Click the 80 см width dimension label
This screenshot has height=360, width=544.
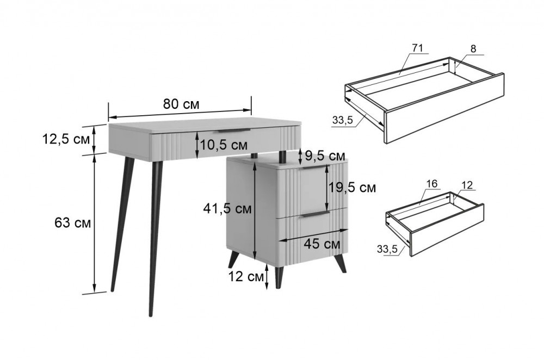coord(181,104)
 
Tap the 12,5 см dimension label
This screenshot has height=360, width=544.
coord(66,139)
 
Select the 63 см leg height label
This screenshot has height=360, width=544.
coord(72,223)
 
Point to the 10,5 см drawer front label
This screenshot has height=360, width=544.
coord(224,145)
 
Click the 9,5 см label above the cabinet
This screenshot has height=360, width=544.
coord(325,156)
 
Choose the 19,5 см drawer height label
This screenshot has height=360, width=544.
coord(352,188)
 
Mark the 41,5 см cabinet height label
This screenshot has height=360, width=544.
coord(227,209)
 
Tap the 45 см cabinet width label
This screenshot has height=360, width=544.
coord(322,244)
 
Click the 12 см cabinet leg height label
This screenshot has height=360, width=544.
coord(246,277)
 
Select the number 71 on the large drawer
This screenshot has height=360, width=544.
coord(418,48)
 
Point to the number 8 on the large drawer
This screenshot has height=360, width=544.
coord(473,49)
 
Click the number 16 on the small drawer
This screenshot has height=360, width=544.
coord(432,184)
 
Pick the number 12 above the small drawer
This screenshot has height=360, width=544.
coord(467,185)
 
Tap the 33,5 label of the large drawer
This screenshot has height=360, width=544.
coord(342,120)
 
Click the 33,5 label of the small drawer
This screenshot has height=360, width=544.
coord(387,249)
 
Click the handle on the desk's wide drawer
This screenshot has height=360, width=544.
coord(234,131)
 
